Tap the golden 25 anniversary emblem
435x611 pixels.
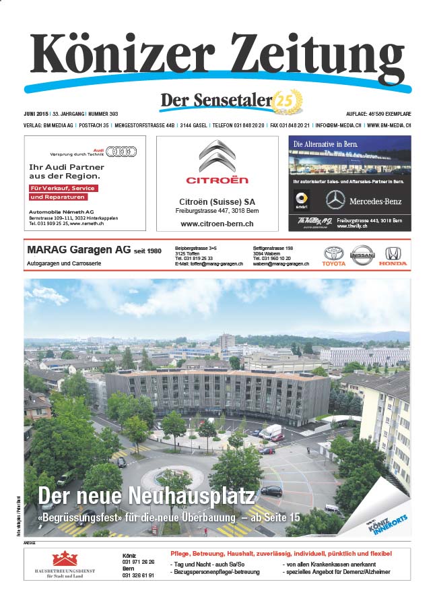(x=288, y=102)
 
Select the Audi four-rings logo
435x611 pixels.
(x=122, y=151)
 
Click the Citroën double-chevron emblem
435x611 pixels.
(x=217, y=157)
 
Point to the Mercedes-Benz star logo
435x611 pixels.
(x=335, y=199)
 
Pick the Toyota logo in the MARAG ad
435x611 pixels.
(x=334, y=254)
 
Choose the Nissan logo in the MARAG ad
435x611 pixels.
(x=362, y=254)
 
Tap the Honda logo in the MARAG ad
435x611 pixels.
(x=392, y=254)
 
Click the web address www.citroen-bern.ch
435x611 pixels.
(x=217, y=223)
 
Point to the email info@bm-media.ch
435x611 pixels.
(x=339, y=125)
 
